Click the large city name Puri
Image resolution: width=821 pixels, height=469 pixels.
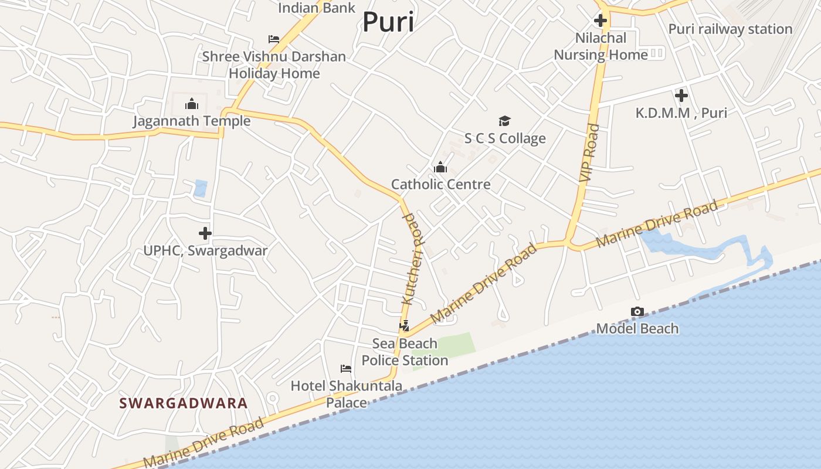(388, 22)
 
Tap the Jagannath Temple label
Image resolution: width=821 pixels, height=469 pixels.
(191, 121)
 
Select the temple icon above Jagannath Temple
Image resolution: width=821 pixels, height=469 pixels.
(191, 104)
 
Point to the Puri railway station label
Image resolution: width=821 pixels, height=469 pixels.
(730, 29)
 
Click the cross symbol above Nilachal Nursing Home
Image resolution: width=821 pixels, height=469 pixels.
(600, 21)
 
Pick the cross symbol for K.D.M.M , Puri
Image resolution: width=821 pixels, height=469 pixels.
(681, 95)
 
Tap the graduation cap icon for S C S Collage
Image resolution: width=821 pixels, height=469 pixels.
(504, 121)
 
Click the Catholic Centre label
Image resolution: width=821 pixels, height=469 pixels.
(440, 184)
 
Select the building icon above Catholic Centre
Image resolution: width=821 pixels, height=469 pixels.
(440, 168)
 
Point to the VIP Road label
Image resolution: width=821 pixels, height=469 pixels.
(589, 152)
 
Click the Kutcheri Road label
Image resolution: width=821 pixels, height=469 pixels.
(412, 259)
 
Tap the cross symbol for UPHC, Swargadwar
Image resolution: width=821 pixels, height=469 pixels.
(205, 233)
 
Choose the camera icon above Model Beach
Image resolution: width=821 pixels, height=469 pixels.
(637, 311)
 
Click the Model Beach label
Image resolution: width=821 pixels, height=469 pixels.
(637, 328)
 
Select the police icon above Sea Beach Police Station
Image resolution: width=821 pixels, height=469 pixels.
(404, 326)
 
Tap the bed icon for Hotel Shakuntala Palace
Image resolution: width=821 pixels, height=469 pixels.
(346, 368)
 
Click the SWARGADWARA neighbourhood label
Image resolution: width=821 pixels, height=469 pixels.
(183, 403)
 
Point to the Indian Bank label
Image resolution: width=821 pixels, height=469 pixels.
(317, 8)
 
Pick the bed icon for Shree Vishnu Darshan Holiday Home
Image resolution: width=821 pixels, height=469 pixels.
(274, 39)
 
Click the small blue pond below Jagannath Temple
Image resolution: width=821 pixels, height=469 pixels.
(201, 188)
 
